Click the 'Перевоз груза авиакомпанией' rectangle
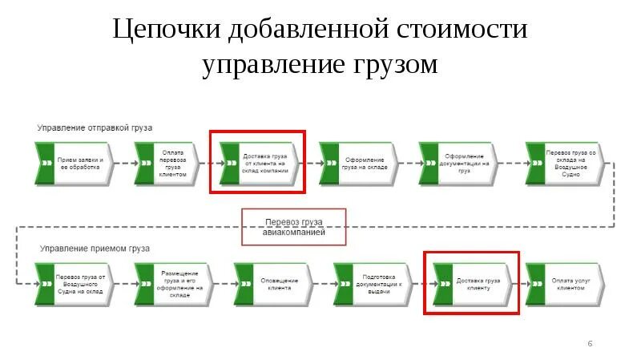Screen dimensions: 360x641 [x=294, y=228]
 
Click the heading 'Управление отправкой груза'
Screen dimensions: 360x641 [x=95, y=127]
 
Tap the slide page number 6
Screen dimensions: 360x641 [x=590, y=344]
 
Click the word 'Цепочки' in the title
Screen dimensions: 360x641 [x=166, y=30]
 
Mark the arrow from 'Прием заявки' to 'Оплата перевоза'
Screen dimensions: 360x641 [x=124, y=163]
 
